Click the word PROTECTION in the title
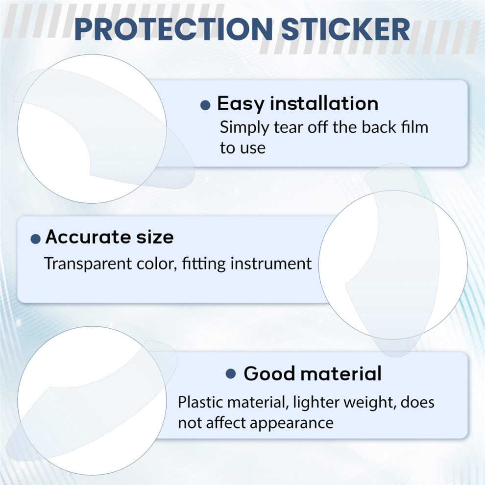point(173,29)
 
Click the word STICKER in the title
point(346,29)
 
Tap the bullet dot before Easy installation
point(205,105)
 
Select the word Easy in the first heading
point(240,104)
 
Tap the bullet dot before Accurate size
point(36,239)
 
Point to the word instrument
point(271,264)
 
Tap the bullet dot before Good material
point(231,374)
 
